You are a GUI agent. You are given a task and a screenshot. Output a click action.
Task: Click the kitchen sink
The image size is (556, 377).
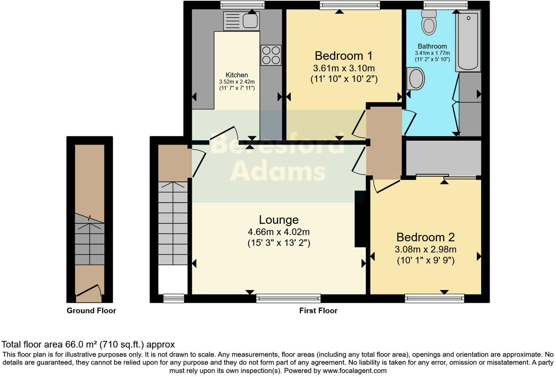coord(241,20)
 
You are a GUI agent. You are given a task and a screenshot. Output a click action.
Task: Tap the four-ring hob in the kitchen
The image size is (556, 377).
coord(271,55)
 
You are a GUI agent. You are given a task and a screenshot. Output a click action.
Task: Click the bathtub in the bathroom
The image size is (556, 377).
coord(468,41)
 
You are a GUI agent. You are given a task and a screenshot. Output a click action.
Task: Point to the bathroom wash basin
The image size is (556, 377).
coord(416,79)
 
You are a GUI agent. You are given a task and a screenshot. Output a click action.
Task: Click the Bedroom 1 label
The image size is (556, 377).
coord(343,56)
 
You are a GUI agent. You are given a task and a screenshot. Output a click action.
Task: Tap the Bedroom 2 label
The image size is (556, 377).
coord(425,237)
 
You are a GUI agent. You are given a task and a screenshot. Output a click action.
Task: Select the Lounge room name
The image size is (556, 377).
coord(279,220)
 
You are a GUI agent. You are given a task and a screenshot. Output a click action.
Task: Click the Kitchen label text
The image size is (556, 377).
coord(237,75)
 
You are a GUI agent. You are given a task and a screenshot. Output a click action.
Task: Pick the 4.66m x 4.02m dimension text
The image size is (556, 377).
coord(279,232)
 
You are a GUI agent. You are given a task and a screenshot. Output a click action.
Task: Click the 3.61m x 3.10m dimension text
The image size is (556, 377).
coord(343,68)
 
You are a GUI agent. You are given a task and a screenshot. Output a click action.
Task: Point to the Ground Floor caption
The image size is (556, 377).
coord(91,311)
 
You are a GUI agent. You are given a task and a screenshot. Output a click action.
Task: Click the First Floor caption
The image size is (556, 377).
coord(318,311)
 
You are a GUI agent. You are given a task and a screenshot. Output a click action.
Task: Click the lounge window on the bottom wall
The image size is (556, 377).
coord(288,298)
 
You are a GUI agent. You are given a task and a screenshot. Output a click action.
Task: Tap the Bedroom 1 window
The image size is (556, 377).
coord(350,5)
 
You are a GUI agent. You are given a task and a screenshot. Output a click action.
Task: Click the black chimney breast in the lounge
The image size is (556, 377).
coord(360,219)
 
